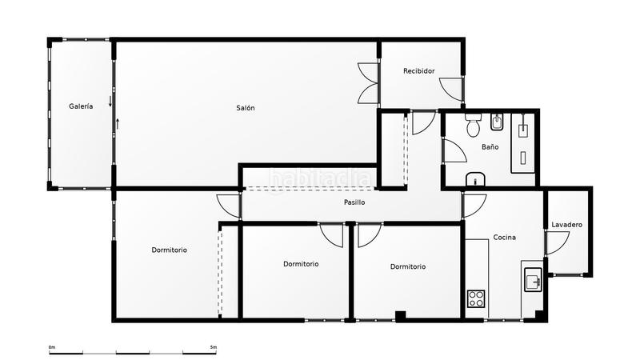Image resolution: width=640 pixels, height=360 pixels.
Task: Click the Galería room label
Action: pyautogui.click(x=81, y=106)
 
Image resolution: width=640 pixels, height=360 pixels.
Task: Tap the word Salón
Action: pyautogui.click(x=246, y=108)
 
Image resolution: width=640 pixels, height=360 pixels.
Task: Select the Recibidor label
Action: pyautogui.click(x=419, y=71)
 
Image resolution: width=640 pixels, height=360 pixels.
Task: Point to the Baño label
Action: pyautogui.click(x=490, y=147)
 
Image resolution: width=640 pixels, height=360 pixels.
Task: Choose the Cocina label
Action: pyautogui.click(x=504, y=238)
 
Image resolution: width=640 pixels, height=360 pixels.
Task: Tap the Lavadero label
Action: pyautogui.click(x=567, y=225)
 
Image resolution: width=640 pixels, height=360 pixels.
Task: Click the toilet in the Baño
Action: pyautogui.click(x=473, y=126)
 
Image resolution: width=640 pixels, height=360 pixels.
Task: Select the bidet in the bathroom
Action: pyautogui.click(x=496, y=122)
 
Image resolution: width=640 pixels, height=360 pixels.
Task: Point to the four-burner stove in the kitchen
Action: pyautogui.click(x=476, y=298)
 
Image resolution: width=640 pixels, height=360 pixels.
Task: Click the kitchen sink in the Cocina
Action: pyautogui.click(x=534, y=281)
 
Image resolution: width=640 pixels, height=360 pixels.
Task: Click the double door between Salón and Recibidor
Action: pyautogui.click(x=369, y=82)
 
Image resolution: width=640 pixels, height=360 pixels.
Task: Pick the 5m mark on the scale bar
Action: pyautogui.click(x=213, y=347)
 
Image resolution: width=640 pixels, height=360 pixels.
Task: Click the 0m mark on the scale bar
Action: pyautogui.click(x=51, y=347)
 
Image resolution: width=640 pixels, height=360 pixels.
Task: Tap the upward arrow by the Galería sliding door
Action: pyautogui.click(x=118, y=123)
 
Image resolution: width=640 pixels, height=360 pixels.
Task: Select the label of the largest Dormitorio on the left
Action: pyautogui.click(x=170, y=250)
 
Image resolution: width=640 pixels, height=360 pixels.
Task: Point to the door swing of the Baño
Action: pyautogui.click(x=454, y=151)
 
